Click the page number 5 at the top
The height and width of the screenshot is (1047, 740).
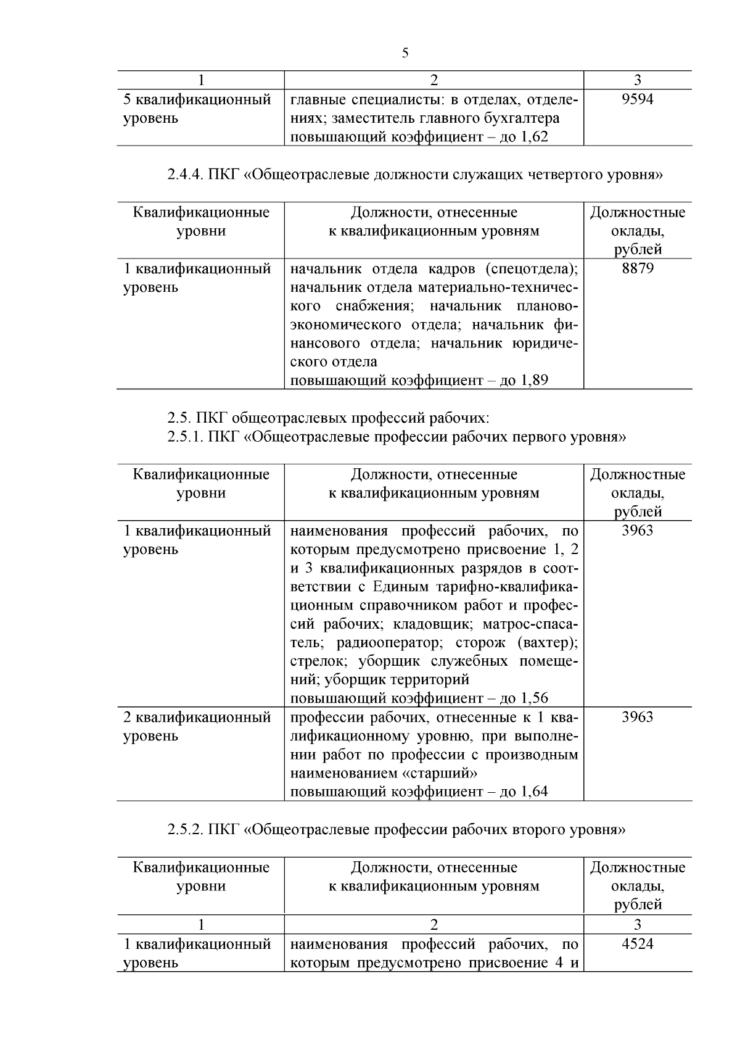[x=405, y=53]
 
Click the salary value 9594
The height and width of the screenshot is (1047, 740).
[x=637, y=99]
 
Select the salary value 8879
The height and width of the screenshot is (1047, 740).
[x=637, y=268]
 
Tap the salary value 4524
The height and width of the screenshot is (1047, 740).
[x=637, y=944]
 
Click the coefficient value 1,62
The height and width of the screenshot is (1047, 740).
[x=535, y=137]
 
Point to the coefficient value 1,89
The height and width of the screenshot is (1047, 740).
[x=535, y=380]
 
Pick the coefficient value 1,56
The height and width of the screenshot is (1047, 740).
[x=535, y=698]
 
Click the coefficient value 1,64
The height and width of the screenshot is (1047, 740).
[x=535, y=792]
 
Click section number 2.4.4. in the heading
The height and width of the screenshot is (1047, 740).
[x=185, y=175]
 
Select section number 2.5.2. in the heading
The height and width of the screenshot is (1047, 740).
[x=185, y=830]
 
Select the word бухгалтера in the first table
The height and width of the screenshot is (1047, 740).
[x=522, y=118]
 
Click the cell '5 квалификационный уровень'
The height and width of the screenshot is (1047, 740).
[x=197, y=109]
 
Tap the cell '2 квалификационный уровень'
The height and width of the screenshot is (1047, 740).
[x=197, y=726]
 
